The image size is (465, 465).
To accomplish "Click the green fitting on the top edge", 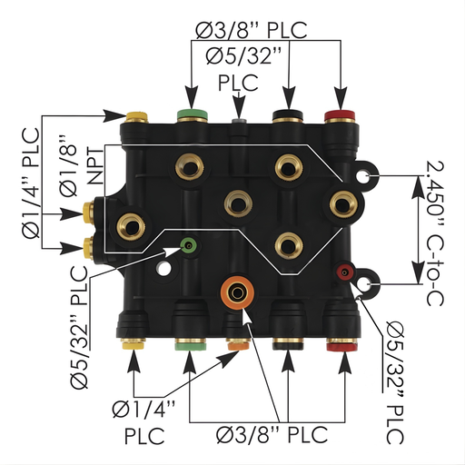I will tap(191, 116).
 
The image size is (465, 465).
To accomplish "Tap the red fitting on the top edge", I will tap(341, 116).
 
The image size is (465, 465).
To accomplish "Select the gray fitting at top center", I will tap(240, 122).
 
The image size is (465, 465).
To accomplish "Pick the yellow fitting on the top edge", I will tap(137, 116).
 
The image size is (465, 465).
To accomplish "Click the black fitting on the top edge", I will tap(289, 116).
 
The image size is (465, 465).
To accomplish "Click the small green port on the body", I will tap(188, 244).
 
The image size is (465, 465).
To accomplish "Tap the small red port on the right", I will tap(345, 271).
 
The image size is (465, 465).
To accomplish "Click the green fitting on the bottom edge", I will tap(189, 345).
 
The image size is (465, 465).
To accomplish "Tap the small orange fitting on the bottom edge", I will tap(238, 345).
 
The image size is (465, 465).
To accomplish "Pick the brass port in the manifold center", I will tap(239, 202).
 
